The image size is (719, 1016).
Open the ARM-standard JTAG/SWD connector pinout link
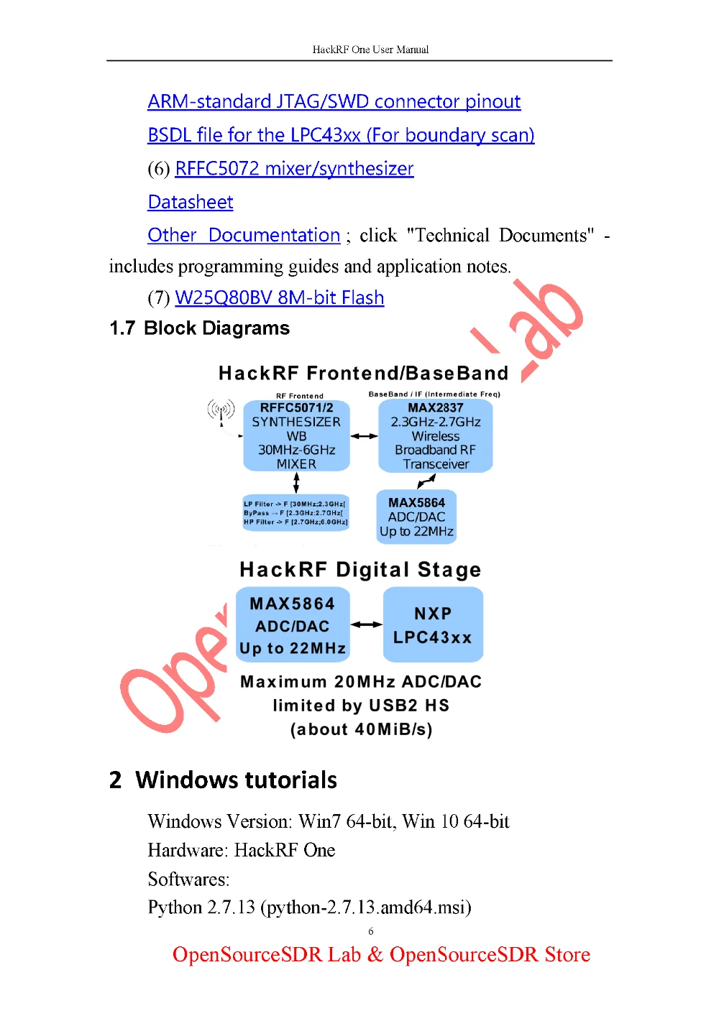(x=334, y=102)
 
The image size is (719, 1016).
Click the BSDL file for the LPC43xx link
(x=341, y=135)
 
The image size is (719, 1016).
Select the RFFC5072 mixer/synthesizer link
(x=294, y=169)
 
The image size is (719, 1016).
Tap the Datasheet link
(x=191, y=203)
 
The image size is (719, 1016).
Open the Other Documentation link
(x=244, y=236)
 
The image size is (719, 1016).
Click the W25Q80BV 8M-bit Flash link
(x=280, y=298)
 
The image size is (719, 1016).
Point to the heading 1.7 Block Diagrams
(x=199, y=328)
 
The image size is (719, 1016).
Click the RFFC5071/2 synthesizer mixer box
(x=296, y=436)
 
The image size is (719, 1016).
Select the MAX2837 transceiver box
(x=436, y=436)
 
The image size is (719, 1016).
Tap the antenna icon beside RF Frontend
(x=221, y=411)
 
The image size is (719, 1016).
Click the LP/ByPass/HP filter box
(x=296, y=513)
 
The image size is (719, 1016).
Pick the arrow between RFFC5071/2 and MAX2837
(x=364, y=436)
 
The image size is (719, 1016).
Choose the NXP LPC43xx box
(x=433, y=625)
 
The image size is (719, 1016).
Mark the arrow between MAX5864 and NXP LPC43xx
(x=367, y=625)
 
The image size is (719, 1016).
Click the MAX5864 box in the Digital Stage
(x=293, y=625)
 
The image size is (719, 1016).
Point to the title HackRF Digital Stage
(x=360, y=570)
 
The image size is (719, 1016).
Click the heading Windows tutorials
(x=236, y=780)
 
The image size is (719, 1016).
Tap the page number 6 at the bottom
(x=371, y=931)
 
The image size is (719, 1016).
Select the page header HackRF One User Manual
(x=370, y=50)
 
